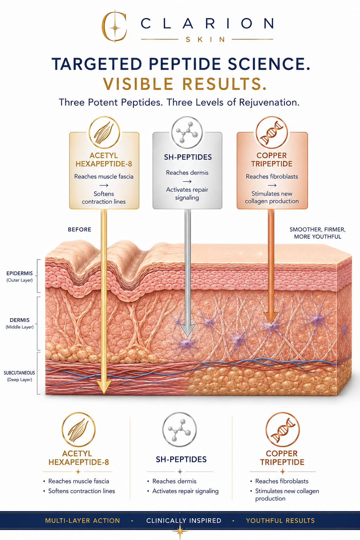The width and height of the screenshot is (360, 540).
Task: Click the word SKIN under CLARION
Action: pyautogui.click(x=205, y=39)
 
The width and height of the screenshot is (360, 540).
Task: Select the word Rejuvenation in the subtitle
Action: pyautogui.click(x=269, y=102)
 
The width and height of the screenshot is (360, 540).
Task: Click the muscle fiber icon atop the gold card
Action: pyautogui.click(x=104, y=133)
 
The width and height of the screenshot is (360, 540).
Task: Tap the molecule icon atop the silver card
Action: pyautogui.click(x=187, y=132)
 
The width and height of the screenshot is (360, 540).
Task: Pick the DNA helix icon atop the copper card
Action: pyautogui.click(x=272, y=132)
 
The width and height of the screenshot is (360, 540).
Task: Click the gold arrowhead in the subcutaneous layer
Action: pyautogui.click(x=104, y=386)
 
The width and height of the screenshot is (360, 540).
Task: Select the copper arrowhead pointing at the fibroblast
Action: pyautogui.click(x=271, y=318)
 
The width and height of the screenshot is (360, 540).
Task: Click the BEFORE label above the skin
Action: pyautogui.click(x=79, y=230)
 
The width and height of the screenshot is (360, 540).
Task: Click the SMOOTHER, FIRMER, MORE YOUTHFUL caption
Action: pyautogui.click(x=317, y=233)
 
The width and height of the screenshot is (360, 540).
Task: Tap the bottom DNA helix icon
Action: pyautogui.click(x=282, y=430)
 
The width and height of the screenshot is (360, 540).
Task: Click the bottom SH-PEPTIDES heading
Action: pyautogui.click(x=181, y=459)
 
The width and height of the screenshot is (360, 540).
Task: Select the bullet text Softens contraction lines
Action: pyautogui.click(x=82, y=491)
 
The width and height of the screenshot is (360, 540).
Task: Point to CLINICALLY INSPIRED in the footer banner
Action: pyautogui.click(x=184, y=521)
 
